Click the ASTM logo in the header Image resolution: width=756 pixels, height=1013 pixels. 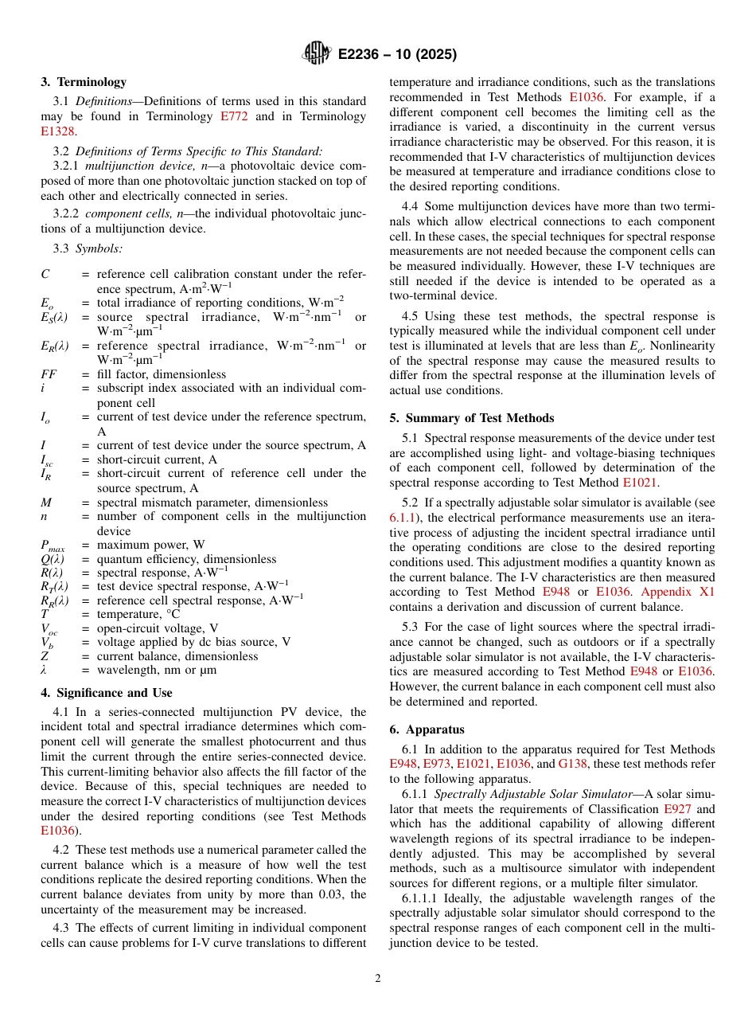coord(317,53)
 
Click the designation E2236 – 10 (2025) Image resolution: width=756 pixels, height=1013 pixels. coord(397,54)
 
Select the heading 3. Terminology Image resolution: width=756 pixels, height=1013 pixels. coord(84,82)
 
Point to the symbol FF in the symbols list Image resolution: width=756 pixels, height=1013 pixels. coord(49,374)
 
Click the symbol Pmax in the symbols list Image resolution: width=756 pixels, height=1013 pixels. coord(53,546)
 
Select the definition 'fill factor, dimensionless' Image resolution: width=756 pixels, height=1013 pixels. coord(161,374)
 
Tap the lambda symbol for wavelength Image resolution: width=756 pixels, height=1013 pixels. coord(44,670)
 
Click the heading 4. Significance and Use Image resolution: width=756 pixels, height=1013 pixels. coord(107,693)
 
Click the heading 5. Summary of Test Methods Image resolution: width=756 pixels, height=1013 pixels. coord(472,418)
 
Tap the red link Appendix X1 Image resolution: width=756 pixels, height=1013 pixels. coord(677,592)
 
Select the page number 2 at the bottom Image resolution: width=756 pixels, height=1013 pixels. coord(378,979)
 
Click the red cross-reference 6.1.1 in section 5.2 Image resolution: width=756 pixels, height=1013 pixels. coord(403,518)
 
